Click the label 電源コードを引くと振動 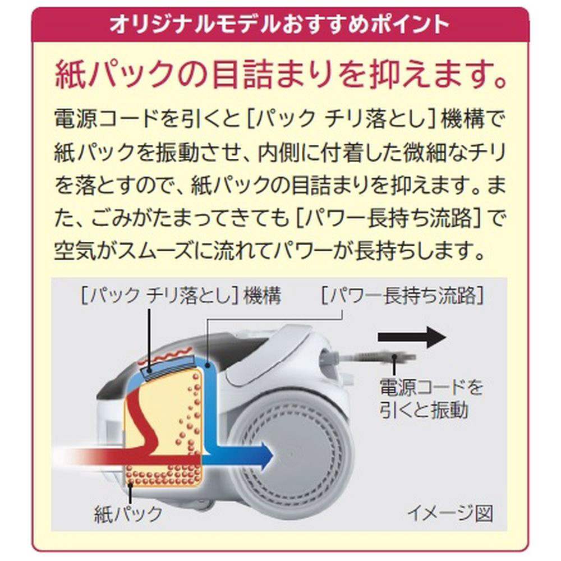(x=430, y=399)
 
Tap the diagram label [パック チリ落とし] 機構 (x=180, y=296)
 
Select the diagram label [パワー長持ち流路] (x=401, y=296)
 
